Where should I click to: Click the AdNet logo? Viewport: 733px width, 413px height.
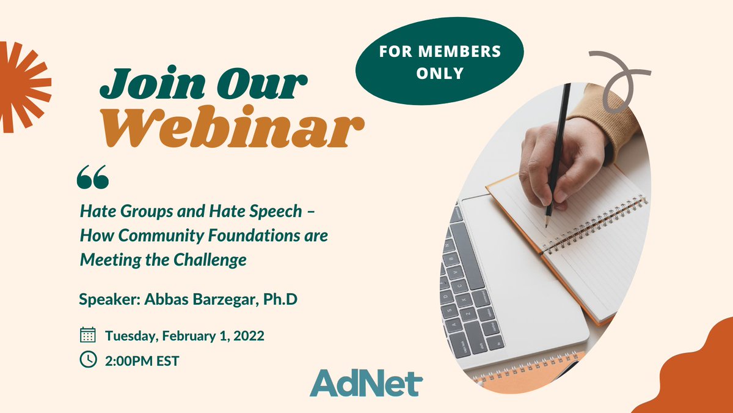pos(366,382)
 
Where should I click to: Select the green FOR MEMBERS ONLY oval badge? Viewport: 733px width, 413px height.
pos(440,62)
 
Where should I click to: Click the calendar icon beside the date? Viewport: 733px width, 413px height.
pos(88,335)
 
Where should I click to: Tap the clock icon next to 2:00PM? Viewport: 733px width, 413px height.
pos(88,360)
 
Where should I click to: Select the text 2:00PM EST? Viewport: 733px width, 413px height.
pos(142,361)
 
